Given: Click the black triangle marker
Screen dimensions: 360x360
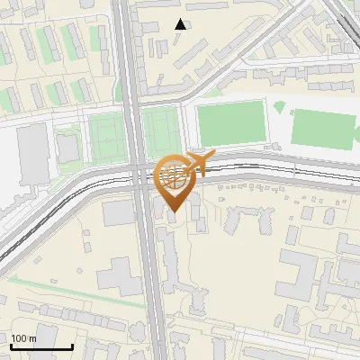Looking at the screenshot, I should [x=181, y=24].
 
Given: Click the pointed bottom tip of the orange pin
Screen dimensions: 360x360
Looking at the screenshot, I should [x=173, y=212].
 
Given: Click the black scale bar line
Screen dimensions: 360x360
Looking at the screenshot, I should [x=41, y=346].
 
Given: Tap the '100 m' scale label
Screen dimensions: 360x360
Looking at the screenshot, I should [x=23, y=338].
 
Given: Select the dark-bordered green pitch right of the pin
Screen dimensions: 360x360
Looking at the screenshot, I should [x=230, y=124].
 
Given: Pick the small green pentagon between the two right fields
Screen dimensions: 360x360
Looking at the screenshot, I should [x=279, y=107].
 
